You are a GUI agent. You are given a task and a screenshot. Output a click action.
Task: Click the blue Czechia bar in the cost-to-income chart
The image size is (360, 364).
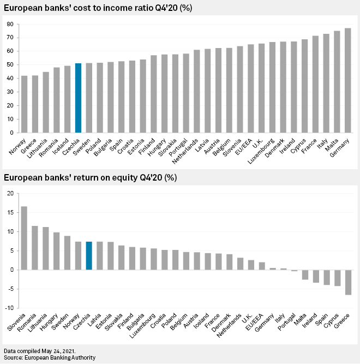click(x=78, y=98)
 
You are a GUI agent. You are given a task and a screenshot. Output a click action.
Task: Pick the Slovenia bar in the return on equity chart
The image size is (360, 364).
click(x=24, y=238)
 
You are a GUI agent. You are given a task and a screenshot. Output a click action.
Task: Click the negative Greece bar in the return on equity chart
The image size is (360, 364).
click(x=347, y=282)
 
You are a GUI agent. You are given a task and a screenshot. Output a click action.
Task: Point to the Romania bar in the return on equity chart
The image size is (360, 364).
click(x=35, y=248)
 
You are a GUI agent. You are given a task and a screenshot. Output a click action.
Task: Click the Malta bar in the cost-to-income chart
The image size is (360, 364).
click(x=337, y=81)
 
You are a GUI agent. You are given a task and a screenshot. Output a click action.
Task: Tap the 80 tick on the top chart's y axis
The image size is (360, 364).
click(x=10, y=25)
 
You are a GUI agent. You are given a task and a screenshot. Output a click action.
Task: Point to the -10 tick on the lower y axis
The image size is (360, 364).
click(x=9, y=308)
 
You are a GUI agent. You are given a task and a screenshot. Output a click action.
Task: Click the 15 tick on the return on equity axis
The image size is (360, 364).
click(x=10, y=212)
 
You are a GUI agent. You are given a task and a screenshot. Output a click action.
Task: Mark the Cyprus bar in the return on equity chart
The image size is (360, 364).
click(x=337, y=278)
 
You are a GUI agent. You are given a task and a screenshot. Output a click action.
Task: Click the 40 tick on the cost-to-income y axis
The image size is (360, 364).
click(x=10, y=79)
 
